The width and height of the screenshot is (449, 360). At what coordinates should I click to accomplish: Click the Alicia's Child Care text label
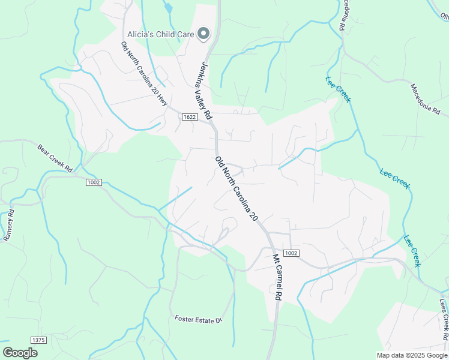click(160, 34)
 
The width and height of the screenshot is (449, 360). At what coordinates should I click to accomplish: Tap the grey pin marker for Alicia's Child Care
click(204, 34)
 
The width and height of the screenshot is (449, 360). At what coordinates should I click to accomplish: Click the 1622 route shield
click(190, 118)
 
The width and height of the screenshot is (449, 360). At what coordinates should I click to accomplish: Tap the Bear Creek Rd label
click(55, 158)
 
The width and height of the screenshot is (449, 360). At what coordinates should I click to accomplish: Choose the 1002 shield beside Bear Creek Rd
click(94, 182)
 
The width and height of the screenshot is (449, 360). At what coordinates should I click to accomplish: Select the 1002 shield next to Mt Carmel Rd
click(291, 253)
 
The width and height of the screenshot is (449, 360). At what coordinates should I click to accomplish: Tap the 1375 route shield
click(38, 340)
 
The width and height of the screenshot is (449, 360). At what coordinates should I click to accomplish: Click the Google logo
click(20, 352)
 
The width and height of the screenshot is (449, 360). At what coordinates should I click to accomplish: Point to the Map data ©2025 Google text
click(411, 355)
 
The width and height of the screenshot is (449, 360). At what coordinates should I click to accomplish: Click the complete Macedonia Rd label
click(426, 100)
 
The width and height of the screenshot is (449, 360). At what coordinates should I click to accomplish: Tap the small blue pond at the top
click(168, 8)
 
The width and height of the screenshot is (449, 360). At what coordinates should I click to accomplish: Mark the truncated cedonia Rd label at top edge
click(343, 15)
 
